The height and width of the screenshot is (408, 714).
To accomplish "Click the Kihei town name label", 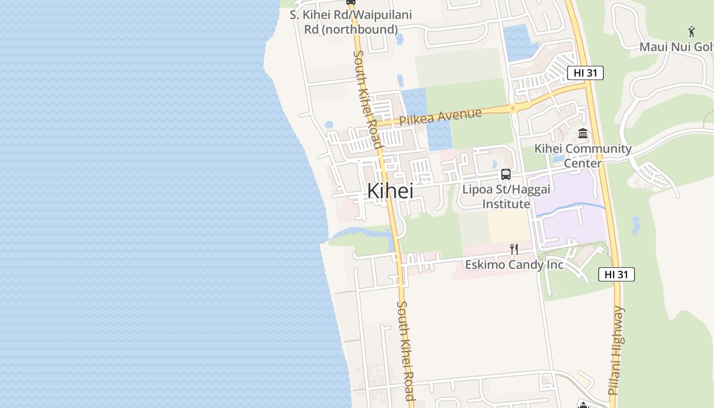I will tap(390, 191).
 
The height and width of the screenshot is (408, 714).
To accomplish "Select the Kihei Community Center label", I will tap(583, 156).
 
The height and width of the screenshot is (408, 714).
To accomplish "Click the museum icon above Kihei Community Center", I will tap(583, 134).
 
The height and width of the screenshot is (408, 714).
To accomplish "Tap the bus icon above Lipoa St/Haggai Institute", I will tap(505, 174).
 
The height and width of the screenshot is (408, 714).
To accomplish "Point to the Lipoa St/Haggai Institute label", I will tap(506, 197).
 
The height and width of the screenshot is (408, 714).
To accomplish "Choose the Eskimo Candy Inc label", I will tap(514, 265).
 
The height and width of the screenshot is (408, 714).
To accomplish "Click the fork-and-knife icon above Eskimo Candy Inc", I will tap(514, 249).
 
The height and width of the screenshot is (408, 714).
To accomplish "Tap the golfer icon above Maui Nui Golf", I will tap(692, 32).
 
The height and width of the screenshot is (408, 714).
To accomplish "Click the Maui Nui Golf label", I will tap(676, 47).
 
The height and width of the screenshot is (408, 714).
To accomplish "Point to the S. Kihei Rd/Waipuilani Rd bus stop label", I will tap(351, 22).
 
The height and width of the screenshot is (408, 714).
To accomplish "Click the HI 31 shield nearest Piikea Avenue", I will tap(585, 73).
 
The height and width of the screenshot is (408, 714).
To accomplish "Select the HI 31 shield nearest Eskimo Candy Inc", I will tap(616, 274).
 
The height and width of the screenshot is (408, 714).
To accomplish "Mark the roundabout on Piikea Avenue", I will tap(512, 108).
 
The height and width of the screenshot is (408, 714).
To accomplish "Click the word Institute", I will tap(506, 204).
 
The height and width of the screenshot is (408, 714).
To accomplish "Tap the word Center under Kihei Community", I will tap(583, 163).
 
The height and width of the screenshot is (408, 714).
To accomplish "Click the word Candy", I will tap(523, 265).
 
